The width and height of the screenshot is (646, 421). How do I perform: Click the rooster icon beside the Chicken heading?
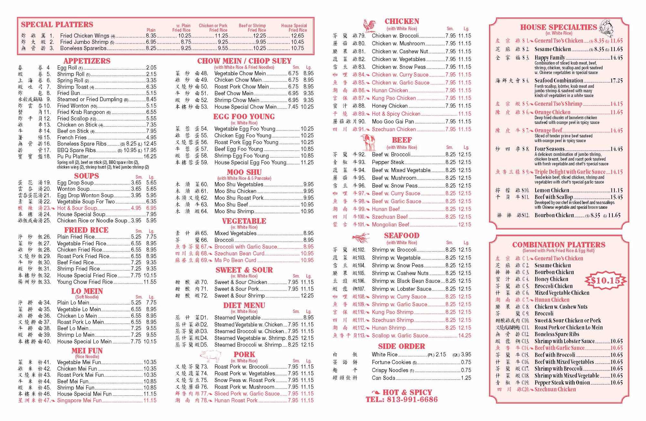point(370,25)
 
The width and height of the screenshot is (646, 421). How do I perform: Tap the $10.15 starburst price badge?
point(605,280)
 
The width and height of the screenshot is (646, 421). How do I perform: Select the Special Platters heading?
point(57,25)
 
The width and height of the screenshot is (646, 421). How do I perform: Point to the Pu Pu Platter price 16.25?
point(150,157)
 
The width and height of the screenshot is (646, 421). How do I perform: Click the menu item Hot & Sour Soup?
point(77,208)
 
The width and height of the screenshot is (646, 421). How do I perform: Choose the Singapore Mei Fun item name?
point(79,400)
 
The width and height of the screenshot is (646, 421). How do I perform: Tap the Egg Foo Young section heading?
point(244,117)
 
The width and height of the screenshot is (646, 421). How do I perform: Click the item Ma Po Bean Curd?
point(235,260)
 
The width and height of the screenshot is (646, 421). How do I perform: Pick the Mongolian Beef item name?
point(391,225)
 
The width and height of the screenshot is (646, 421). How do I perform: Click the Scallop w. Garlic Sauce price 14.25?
point(464,336)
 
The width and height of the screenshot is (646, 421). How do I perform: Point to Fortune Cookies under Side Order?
point(391,362)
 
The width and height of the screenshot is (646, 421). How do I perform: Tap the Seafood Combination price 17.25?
point(616,81)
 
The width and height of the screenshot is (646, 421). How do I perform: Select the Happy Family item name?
point(549,58)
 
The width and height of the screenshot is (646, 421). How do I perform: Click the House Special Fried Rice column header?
point(294,28)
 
